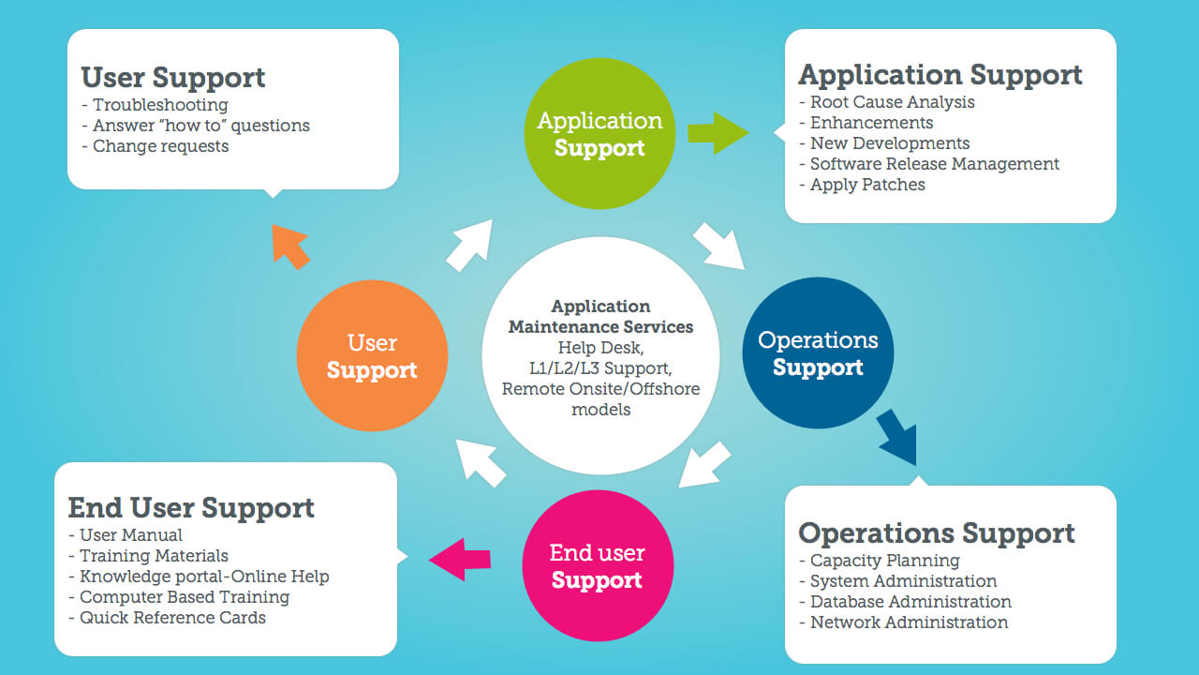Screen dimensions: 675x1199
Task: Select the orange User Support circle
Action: (372, 355)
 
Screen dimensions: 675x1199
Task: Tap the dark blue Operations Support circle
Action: (818, 352)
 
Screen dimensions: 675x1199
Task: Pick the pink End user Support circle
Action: (597, 566)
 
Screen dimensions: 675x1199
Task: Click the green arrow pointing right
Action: (718, 133)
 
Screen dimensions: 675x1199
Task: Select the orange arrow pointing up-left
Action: (290, 246)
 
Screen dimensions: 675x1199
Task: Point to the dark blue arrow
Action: (897, 439)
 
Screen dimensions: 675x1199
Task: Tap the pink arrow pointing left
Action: (461, 559)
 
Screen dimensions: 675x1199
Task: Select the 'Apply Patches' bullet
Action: (867, 185)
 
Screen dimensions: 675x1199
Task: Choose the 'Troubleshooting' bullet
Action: (160, 105)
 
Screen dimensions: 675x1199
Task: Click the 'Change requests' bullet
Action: (160, 146)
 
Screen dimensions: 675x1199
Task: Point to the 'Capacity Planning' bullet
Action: (884, 561)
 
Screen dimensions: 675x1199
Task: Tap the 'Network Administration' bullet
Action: (909, 622)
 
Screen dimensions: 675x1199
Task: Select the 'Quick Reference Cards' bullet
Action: (172, 618)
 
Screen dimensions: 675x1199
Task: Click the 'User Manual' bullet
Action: (131, 535)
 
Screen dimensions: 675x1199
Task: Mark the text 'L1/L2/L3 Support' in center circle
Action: (600, 367)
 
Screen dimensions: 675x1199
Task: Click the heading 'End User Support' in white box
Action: (191, 508)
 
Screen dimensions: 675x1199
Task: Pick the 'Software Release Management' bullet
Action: (934, 164)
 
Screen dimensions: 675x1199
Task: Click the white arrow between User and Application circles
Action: (468, 246)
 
